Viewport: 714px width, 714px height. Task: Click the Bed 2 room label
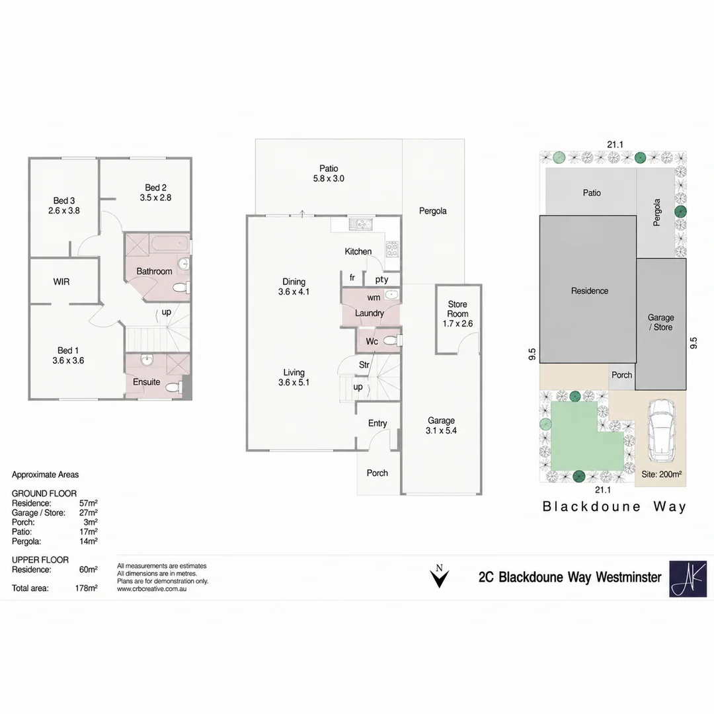[156, 188]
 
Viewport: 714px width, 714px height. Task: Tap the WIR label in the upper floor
[61, 282]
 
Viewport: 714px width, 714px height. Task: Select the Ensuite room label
[147, 382]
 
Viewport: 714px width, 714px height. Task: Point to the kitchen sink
[361, 224]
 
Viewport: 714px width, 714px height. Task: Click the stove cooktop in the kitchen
[392, 249]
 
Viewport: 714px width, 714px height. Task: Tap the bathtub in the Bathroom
[170, 243]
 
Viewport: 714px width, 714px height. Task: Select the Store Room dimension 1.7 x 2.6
[457, 324]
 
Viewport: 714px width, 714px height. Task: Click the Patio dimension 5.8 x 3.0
[329, 179]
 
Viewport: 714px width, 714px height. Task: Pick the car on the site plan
[661, 430]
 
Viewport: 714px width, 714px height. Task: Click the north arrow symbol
[440, 576]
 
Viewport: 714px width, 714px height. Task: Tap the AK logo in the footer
[688, 578]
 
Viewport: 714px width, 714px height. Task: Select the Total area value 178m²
[87, 588]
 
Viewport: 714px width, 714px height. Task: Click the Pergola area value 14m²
[89, 541]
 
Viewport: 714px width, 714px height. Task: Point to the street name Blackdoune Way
[614, 507]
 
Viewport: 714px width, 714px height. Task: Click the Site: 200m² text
[661, 475]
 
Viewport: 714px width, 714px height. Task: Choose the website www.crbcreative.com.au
[151, 589]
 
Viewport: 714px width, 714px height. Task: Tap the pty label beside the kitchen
[381, 280]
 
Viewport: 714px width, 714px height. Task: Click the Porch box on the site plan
[621, 376]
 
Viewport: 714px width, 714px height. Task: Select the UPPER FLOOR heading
[40, 560]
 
